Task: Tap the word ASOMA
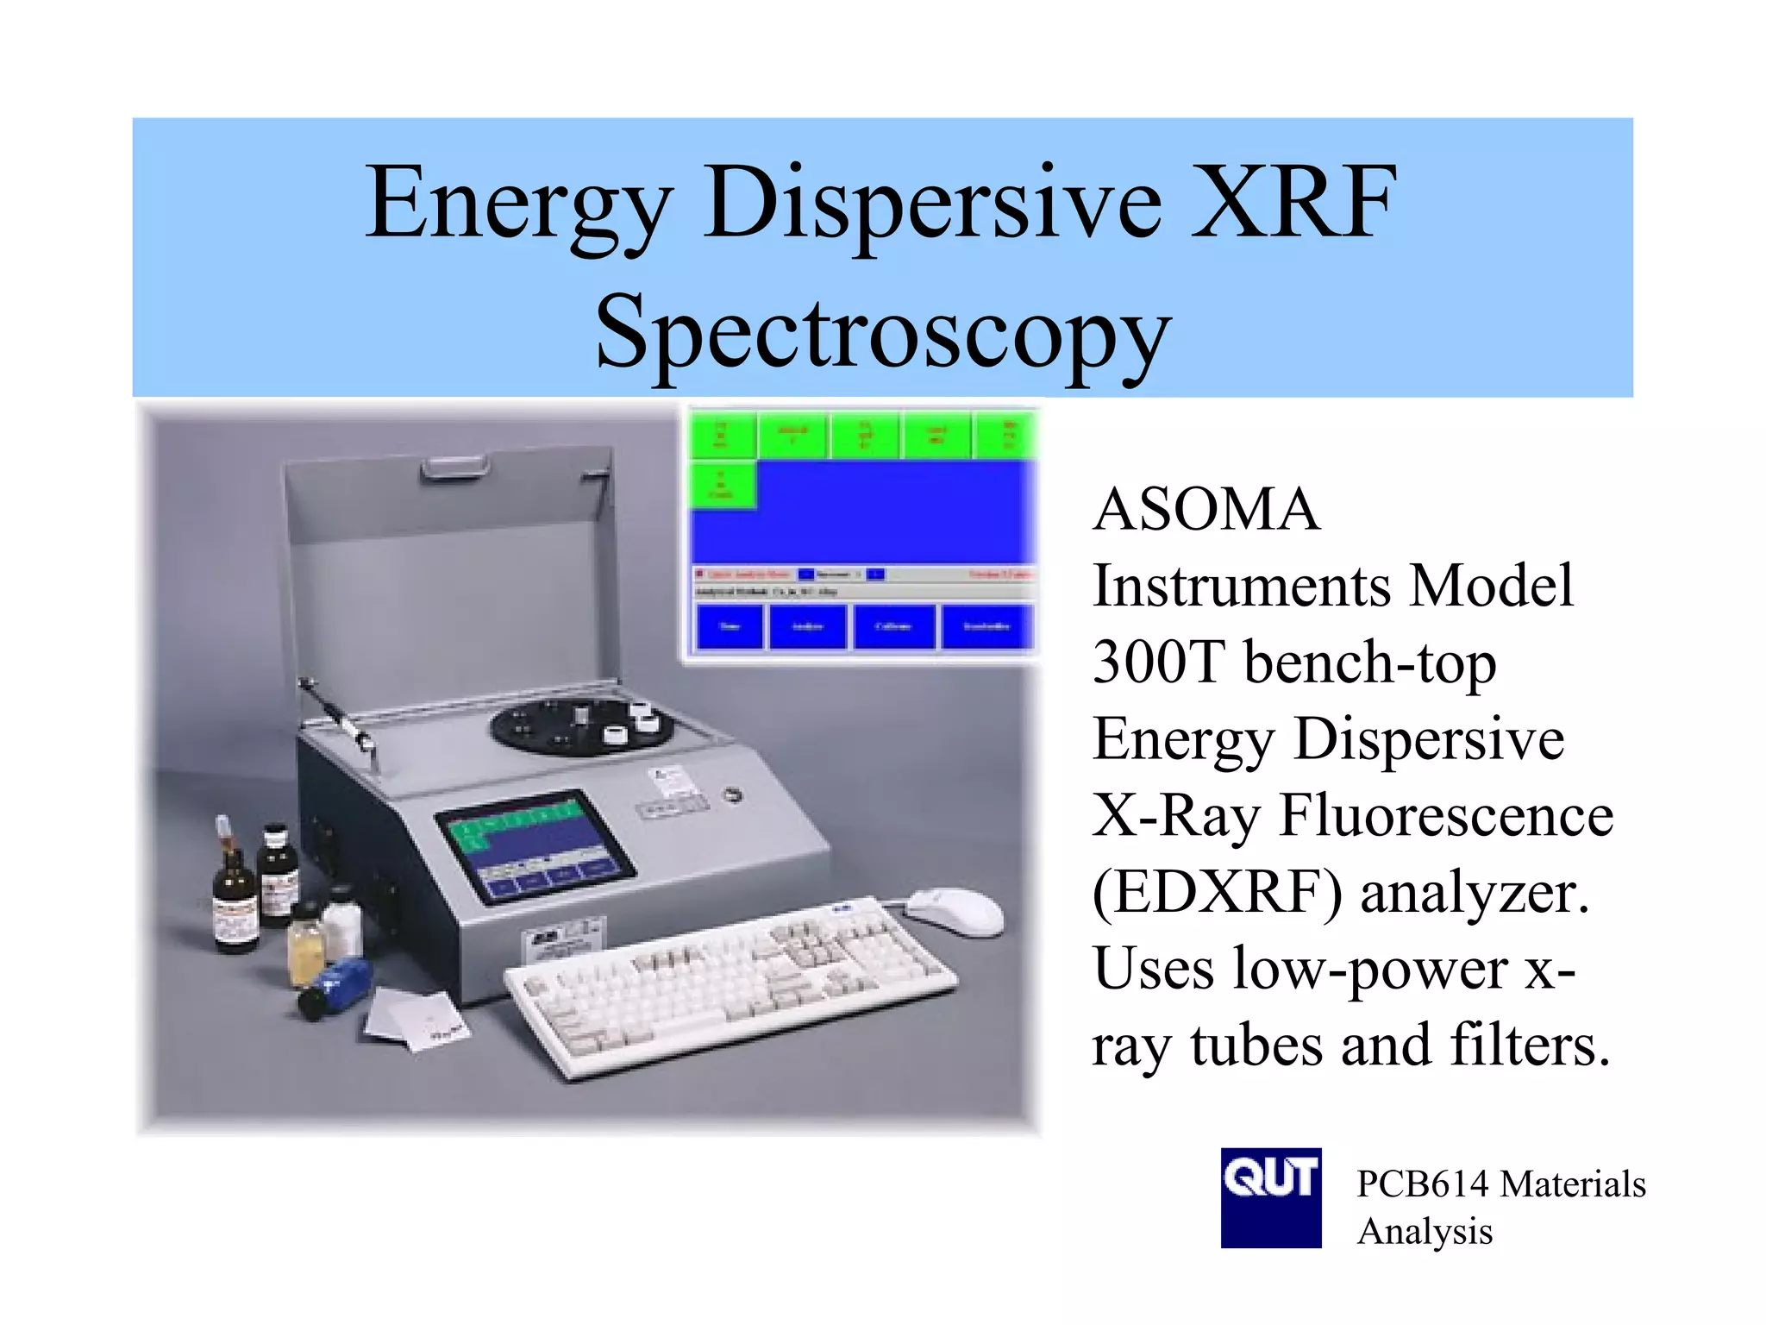click(1206, 510)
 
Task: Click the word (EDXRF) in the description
click(1217, 892)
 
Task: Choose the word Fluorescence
click(1446, 815)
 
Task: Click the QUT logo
click(1270, 1197)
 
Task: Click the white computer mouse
click(954, 911)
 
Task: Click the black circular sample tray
click(582, 725)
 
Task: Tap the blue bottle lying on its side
click(336, 987)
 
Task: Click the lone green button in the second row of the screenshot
click(723, 485)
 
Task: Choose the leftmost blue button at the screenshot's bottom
click(730, 626)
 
